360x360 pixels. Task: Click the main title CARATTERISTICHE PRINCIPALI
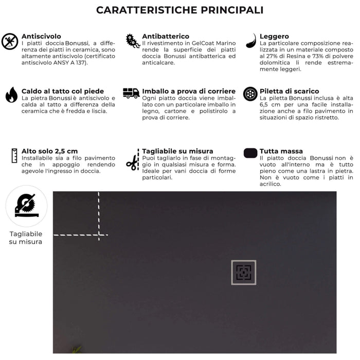pyautogui.click(x=180, y=10)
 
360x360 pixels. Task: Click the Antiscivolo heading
pyautogui.click(x=41, y=37)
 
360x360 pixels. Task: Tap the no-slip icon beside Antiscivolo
pyautogui.click(x=10, y=41)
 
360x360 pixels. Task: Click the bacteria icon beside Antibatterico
pyautogui.click(x=133, y=41)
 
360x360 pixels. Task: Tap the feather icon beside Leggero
pyautogui.click(x=251, y=41)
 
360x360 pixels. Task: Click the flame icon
pyautogui.click(x=11, y=95)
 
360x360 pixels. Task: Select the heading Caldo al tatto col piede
pyautogui.click(x=63, y=91)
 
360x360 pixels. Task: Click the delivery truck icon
pyautogui.click(x=131, y=93)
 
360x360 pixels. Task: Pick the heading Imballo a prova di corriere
pyautogui.click(x=189, y=91)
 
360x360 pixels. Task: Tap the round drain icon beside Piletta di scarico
pyautogui.click(x=250, y=94)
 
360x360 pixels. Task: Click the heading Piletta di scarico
pyautogui.click(x=289, y=91)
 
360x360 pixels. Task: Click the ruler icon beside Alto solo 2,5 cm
pyautogui.click(x=14, y=155)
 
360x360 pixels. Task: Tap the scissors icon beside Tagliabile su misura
pyautogui.click(x=132, y=163)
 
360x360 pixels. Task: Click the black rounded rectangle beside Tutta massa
pyautogui.click(x=250, y=153)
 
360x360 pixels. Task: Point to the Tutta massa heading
pyautogui.click(x=281, y=151)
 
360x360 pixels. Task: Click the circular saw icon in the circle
pyautogui.click(x=26, y=206)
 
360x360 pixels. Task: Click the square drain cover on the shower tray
pyautogui.click(x=243, y=273)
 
